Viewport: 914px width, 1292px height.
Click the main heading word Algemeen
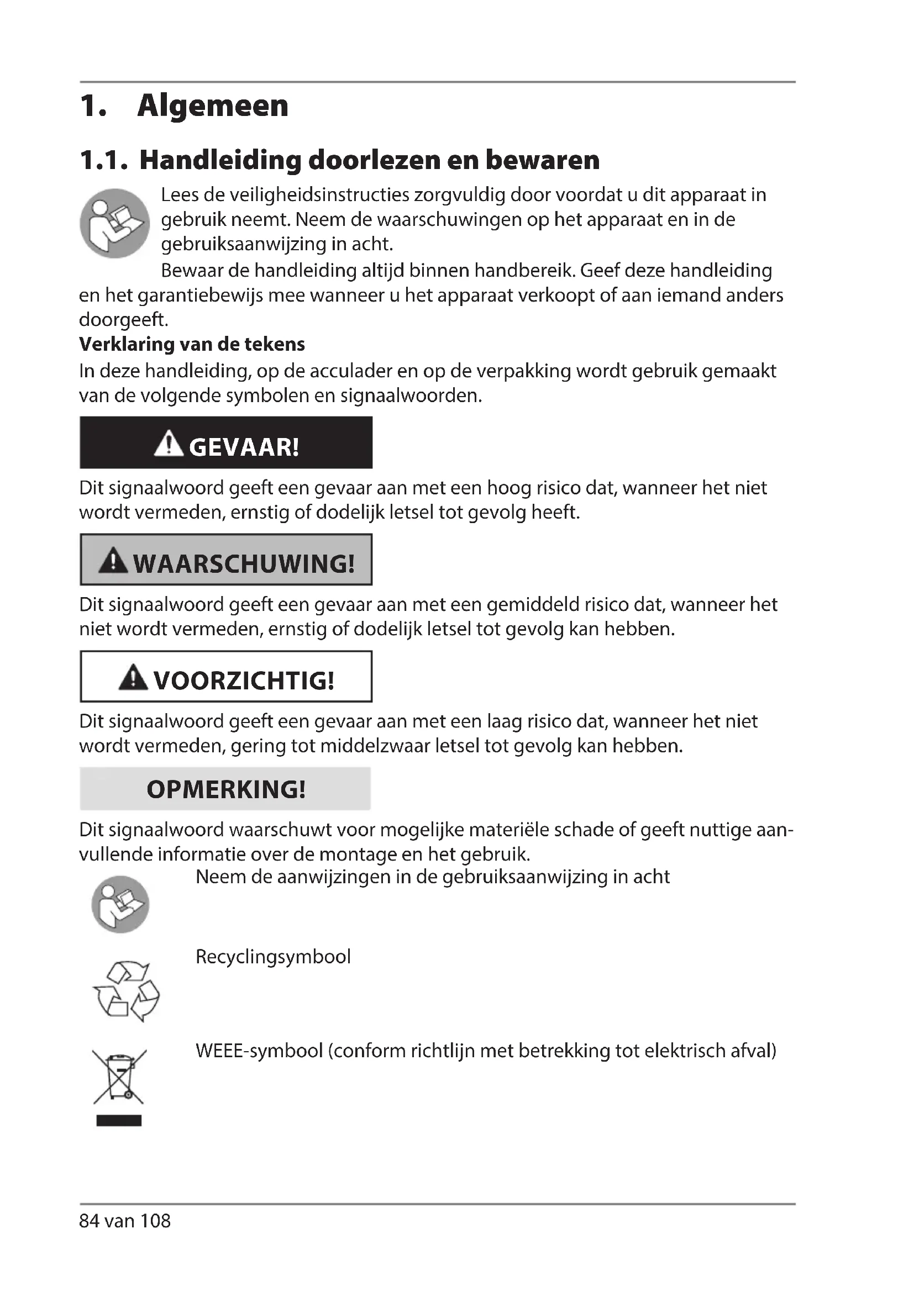tap(212, 106)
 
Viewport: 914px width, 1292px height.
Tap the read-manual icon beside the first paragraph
tap(115, 223)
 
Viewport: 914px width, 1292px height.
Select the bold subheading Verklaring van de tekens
tap(192, 344)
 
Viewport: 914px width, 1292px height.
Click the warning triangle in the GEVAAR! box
tap(169, 444)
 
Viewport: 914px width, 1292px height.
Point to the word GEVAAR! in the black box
tap(244, 447)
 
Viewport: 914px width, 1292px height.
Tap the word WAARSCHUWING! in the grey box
tap(244, 564)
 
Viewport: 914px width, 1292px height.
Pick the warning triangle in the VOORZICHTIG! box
tap(133, 677)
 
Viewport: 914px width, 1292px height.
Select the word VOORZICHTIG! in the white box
tap(244, 681)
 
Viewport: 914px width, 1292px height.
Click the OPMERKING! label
tap(225, 789)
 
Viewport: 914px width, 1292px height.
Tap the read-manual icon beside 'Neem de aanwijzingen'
tap(120, 904)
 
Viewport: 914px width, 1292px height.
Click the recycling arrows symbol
tap(126, 991)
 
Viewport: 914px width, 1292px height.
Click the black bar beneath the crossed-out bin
tap(119, 1120)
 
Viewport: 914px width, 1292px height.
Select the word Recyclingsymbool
tap(273, 957)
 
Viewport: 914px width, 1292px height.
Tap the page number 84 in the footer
tap(89, 1221)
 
